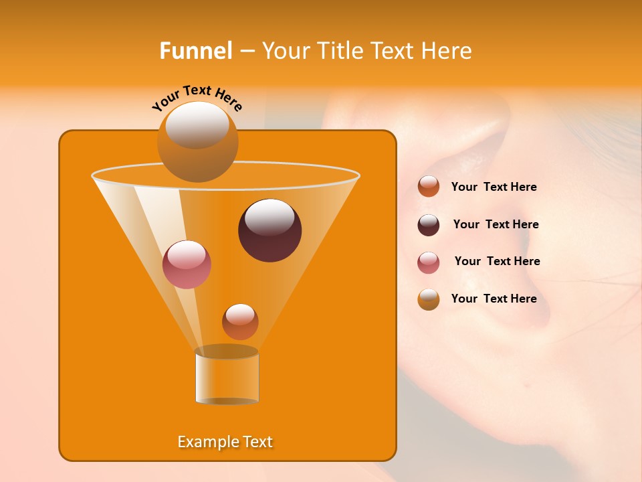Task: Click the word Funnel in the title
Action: coord(195,50)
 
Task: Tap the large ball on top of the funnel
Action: coord(197,141)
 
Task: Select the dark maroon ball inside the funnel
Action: coord(270,230)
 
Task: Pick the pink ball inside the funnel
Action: coord(187,264)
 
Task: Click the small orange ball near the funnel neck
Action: coord(240,321)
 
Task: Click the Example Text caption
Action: coord(225,442)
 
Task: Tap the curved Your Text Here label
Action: coord(197,98)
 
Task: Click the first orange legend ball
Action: coord(429,186)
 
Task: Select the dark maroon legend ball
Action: coord(429,225)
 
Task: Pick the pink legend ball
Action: coord(429,262)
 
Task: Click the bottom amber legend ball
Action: coord(429,299)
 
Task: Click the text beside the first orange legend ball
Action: coord(494,187)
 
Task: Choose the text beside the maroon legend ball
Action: coord(496,224)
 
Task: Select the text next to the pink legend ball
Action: coord(497,261)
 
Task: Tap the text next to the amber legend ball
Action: coord(494,299)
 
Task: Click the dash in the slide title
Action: coord(246,52)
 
